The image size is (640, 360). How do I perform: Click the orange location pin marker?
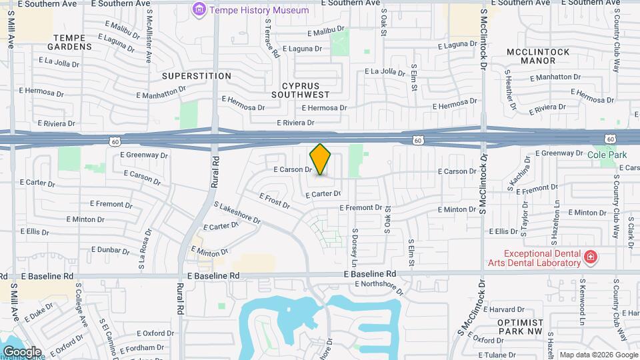coord(321,159)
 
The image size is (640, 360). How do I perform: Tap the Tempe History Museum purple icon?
coord(199,10)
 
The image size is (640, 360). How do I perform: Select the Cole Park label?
coord(607,155)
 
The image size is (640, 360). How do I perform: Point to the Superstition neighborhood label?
coord(196,76)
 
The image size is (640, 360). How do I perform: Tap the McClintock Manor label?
coord(538,56)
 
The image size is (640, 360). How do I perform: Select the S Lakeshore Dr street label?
coord(237,214)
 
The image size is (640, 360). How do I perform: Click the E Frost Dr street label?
coord(275,200)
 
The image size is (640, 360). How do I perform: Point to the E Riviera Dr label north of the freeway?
coord(295,123)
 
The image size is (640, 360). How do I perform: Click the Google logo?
coord(22,352)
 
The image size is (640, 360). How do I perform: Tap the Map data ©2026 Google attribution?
coord(597,355)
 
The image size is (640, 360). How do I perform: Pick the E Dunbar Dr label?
coord(111,251)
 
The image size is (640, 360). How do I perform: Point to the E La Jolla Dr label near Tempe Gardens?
coord(59,61)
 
